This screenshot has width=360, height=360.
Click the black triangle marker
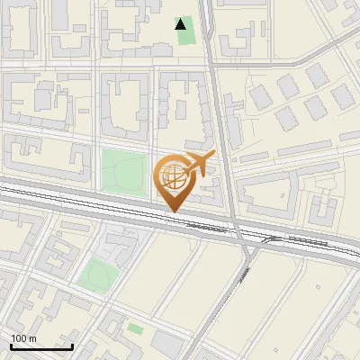(182, 24)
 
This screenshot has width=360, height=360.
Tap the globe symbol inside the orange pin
(173, 176)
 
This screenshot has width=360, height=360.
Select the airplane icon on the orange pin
(199, 164)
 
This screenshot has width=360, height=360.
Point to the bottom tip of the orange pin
(174, 211)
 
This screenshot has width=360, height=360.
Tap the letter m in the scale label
(33, 338)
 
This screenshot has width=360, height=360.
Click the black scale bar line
(41, 346)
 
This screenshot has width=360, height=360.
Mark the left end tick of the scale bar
(11, 345)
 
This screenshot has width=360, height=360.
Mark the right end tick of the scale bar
(72, 345)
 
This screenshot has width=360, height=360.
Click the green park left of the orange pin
(123, 171)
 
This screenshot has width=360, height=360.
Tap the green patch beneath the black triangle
(184, 39)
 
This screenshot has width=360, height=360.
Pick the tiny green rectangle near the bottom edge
(135, 328)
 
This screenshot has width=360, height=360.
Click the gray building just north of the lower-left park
(117, 245)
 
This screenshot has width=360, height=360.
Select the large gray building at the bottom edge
(166, 344)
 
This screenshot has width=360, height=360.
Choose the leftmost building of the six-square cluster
(259, 94)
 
